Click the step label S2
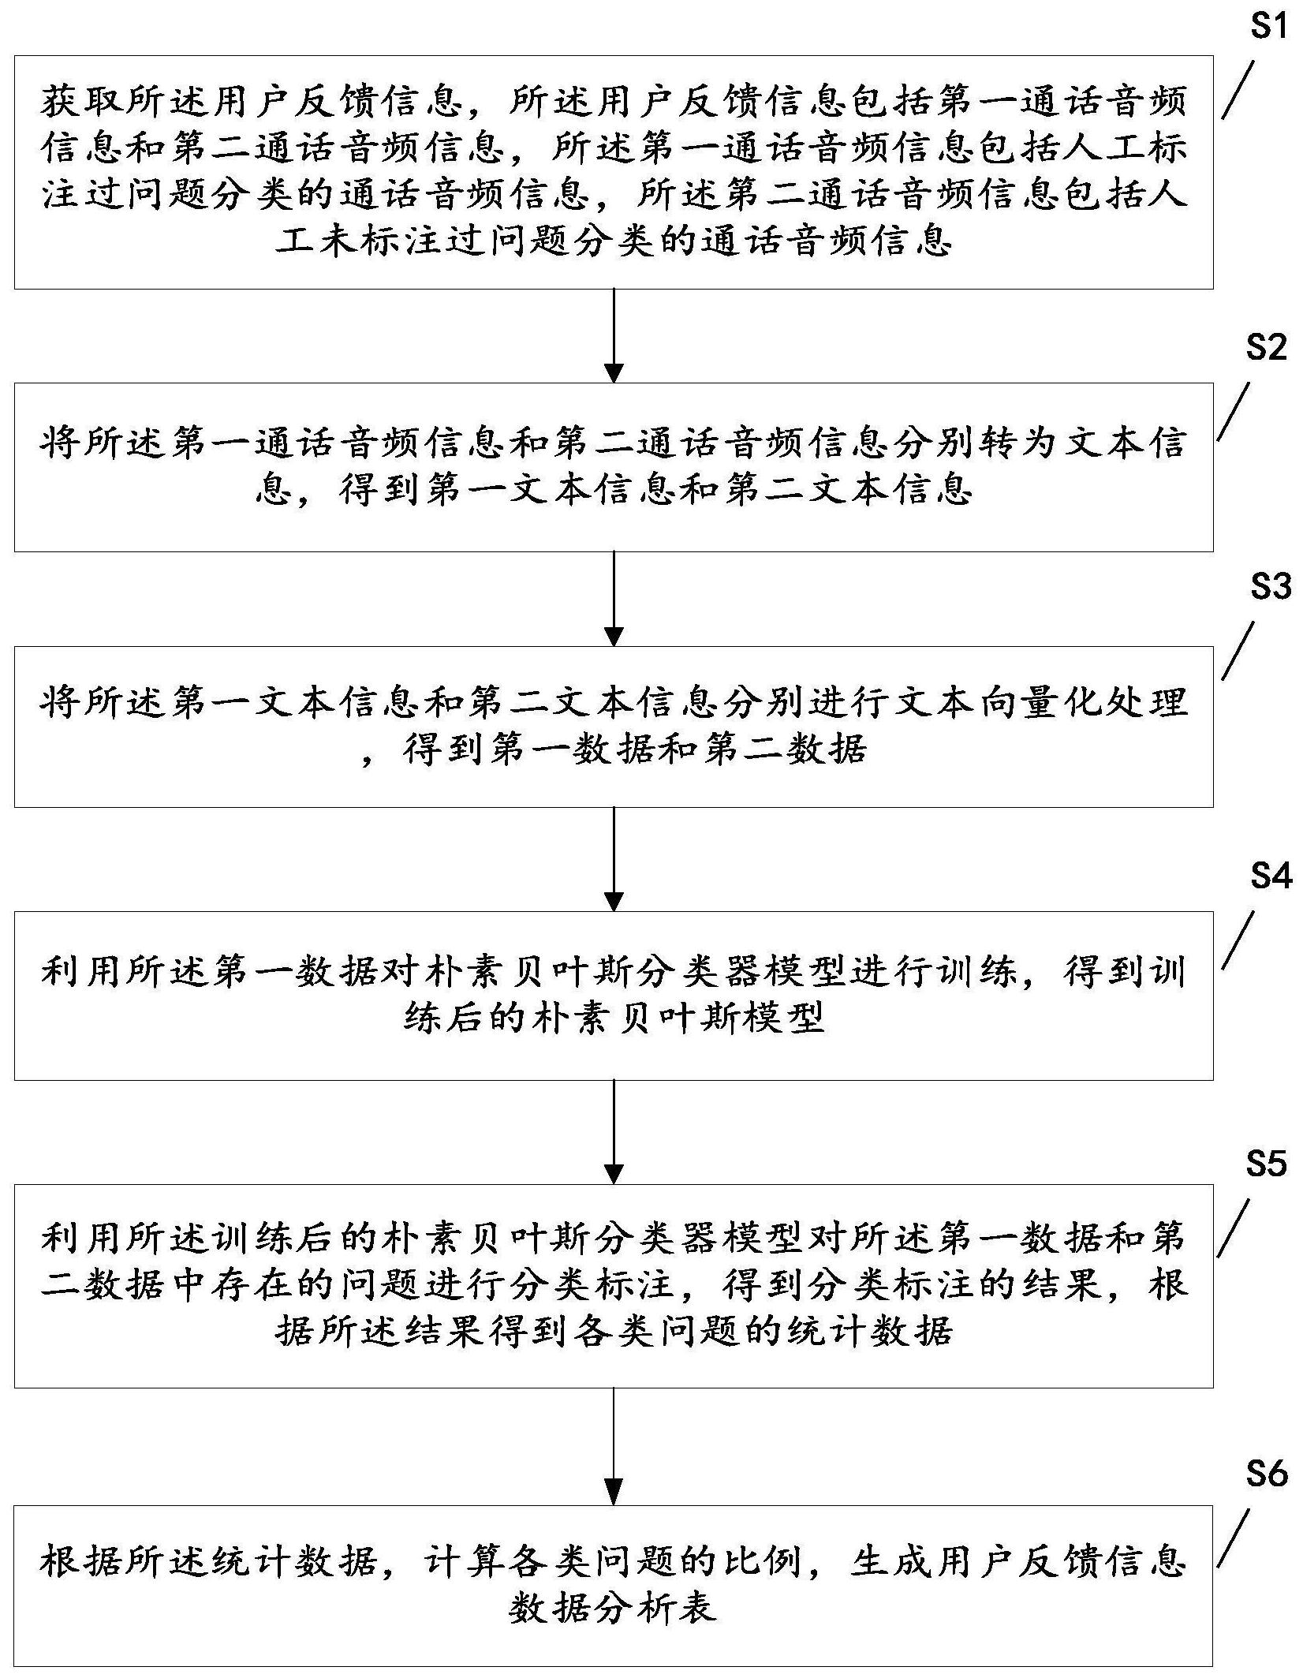(x=1267, y=348)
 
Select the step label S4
(x=1271, y=876)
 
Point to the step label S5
(x=1267, y=1164)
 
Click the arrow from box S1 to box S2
(x=614, y=335)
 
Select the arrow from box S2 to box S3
(x=614, y=599)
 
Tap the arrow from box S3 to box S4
(x=614, y=859)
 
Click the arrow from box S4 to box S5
(x=614, y=1131)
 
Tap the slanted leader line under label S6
(x=1234, y=1539)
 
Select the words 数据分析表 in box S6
(x=613, y=1608)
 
